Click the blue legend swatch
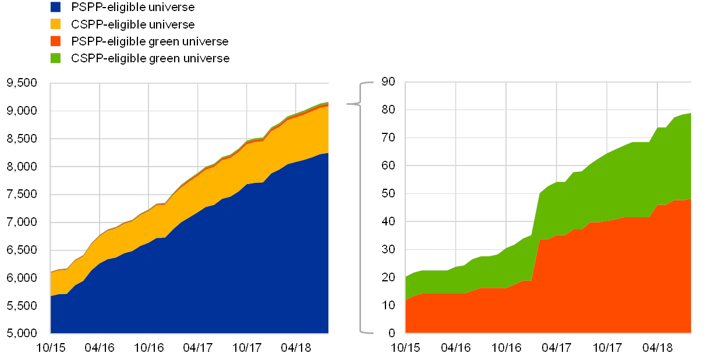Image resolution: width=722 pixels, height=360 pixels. coord(55,7)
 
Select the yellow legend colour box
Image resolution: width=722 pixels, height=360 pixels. coord(55,24)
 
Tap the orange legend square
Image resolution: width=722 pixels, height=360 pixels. coord(55,41)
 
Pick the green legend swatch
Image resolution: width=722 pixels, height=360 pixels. coord(55,58)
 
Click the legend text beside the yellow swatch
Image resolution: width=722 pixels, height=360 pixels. coord(133,24)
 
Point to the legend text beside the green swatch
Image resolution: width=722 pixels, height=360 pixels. coord(150,58)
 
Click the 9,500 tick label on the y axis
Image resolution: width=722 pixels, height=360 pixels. coord(22,83)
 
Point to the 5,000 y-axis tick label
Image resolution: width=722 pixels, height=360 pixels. coord(22,333)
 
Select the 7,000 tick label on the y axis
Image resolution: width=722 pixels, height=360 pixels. coord(22,222)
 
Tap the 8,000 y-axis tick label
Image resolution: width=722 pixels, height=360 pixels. coord(22,167)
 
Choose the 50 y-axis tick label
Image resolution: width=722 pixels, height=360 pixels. coord(388,194)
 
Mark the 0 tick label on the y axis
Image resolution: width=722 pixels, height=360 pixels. coord(392,333)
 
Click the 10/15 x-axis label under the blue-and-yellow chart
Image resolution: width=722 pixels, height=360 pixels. coord(51,348)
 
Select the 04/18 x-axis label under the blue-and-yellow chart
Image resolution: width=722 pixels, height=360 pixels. coord(296,348)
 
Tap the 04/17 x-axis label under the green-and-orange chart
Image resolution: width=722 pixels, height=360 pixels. coord(556,348)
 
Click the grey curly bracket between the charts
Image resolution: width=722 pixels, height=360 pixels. coord(361,208)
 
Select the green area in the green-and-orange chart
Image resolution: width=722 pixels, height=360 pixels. coord(582,186)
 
